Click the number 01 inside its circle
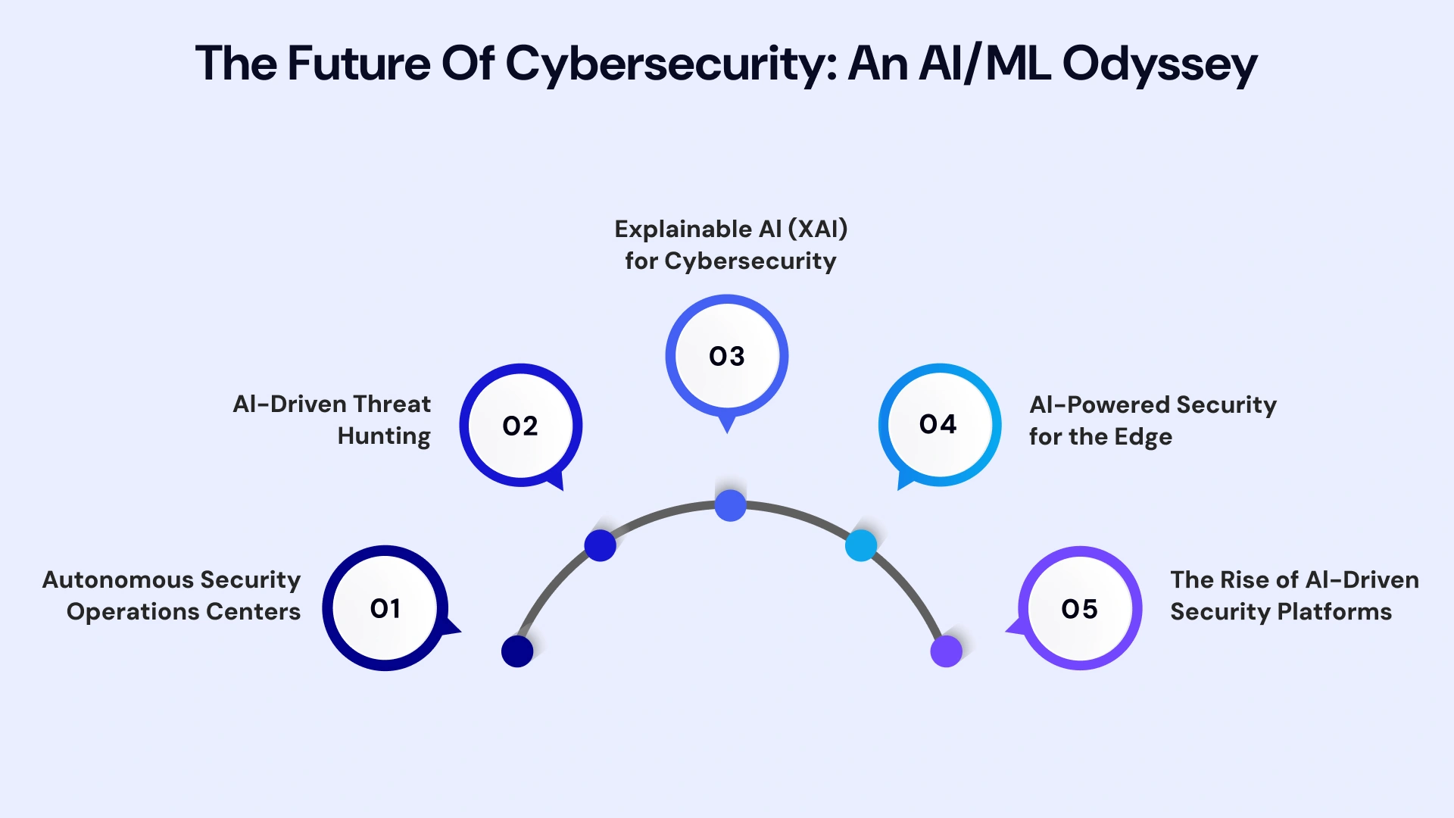pos(385,608)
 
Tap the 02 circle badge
pos(520,426)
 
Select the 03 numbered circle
pos(727,356)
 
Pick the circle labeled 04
pos(939,424)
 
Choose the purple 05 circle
pos(1080,608)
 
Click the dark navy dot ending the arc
pos(517,651)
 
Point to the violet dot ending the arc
pos(946,651)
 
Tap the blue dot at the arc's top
pos(730,505)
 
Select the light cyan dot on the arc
pos(861,545)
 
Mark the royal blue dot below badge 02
pos(601,545)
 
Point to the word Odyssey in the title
pos(1159,64)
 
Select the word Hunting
pos(384,436)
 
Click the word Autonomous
pos(118,579)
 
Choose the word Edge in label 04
pos(1143,437)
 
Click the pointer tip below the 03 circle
pos(727,429)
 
